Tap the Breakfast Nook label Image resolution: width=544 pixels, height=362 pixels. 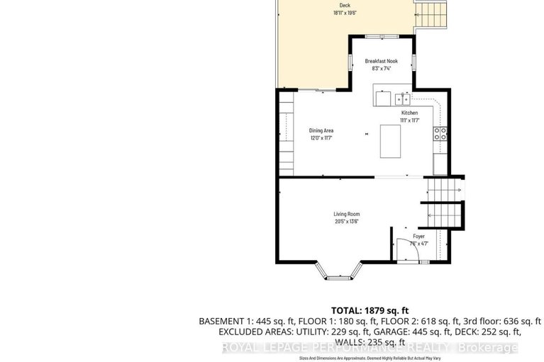click(x=382, y=62)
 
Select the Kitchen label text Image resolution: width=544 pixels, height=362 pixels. click(x=410, y=113)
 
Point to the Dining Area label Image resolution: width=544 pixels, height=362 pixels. click(x=321, y=131)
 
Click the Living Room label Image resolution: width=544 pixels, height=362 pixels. click(x=347, y=214)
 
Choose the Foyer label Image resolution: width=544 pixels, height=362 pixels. click(x=418, y=236)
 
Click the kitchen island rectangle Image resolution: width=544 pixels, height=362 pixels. click(x=390, y=141)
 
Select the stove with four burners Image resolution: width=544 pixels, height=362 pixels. click(x=440, y=135)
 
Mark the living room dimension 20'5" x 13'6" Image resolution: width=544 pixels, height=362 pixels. click(x=347, y=222)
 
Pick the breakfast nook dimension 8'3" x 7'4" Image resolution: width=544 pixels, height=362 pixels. click(x=382, y=69)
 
